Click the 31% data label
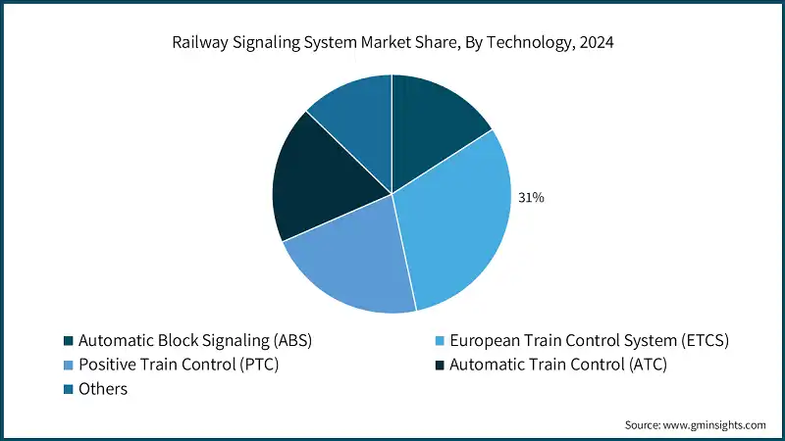click(x=531, y=198)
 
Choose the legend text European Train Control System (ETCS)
click(x=589, y=341)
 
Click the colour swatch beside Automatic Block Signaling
click(x=68, y=341)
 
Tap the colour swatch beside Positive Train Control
click(x=68, y=365)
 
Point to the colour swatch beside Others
click(x=68, y=389)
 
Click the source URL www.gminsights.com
click(x=715, y=424)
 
